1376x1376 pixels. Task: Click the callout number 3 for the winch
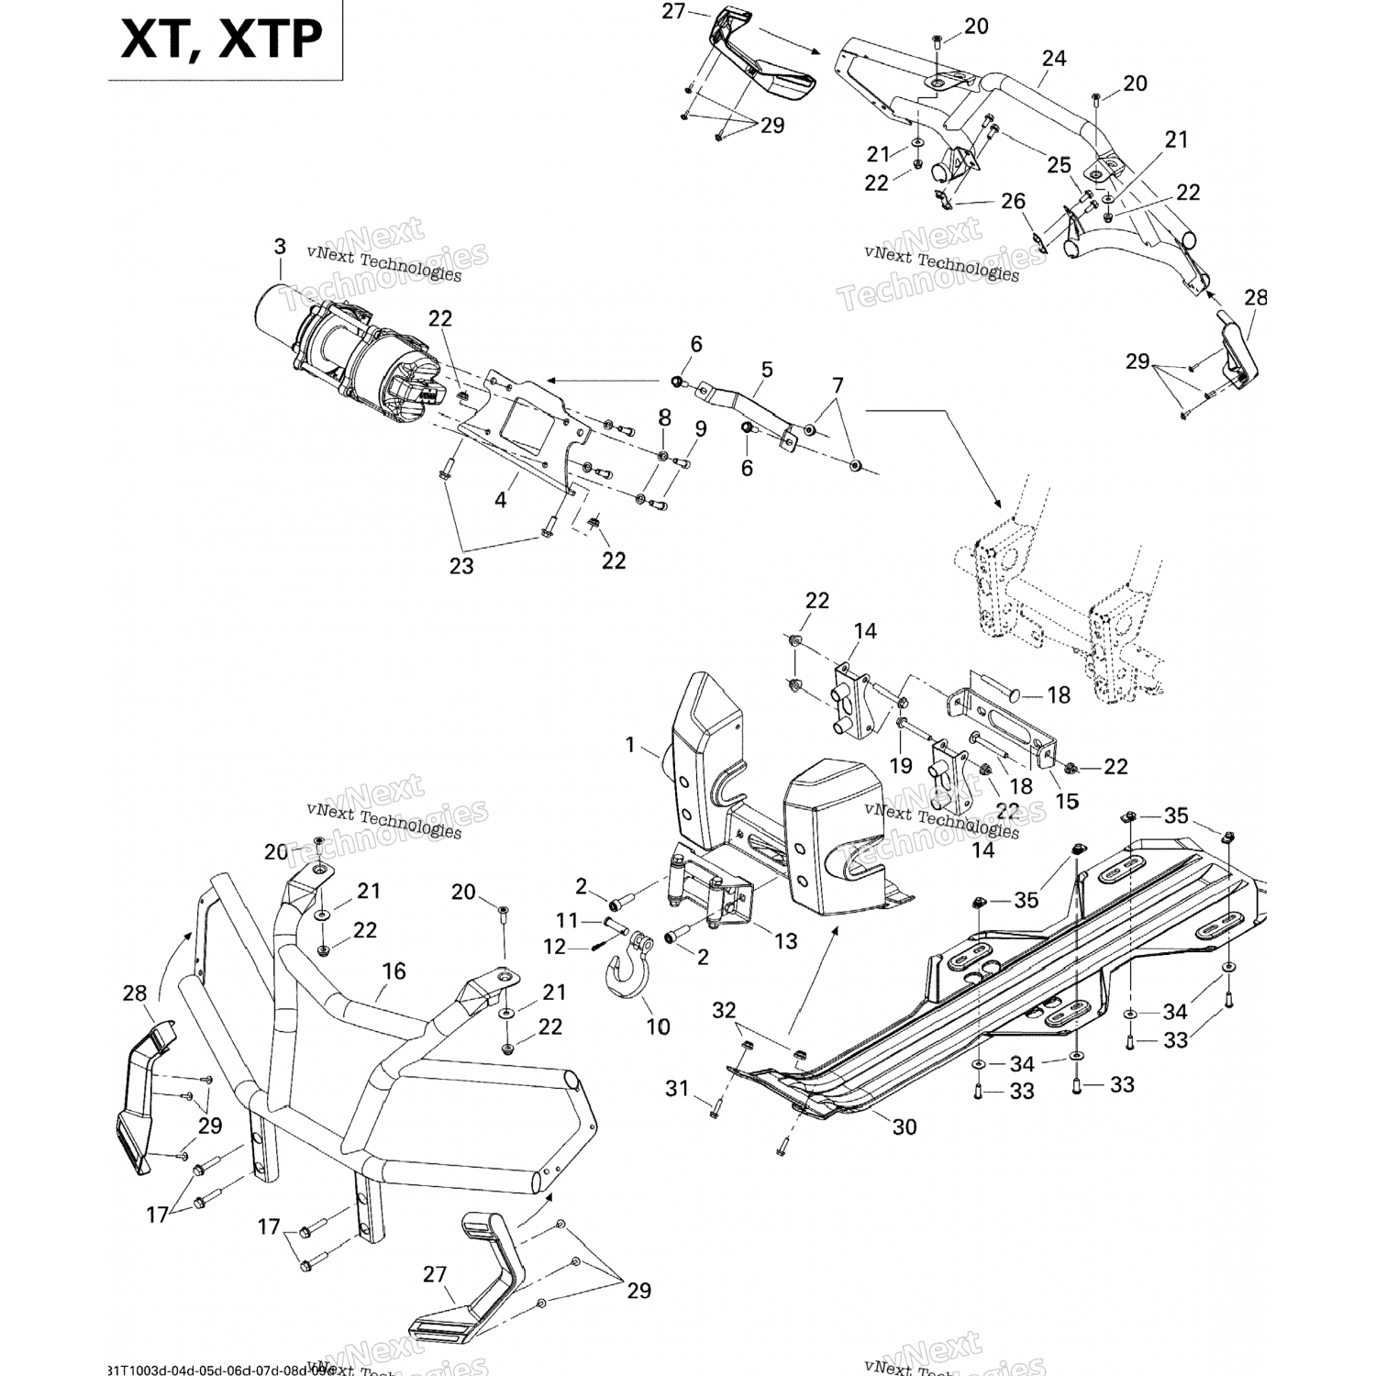(280, 247)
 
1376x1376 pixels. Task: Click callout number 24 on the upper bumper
(1054, 59)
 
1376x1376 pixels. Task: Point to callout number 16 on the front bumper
(394, 971)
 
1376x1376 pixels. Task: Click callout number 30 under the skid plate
(904, 1126)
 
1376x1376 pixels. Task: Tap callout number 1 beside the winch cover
(630, 745)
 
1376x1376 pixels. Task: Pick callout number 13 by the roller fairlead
(785, 941)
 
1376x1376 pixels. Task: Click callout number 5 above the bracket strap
(766, 370)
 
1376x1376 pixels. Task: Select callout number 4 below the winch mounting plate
(501, 500)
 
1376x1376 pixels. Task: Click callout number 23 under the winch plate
(461, 566)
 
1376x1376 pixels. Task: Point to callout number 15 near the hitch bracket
(1067, 801)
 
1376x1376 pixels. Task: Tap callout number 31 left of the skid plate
(677, 1089)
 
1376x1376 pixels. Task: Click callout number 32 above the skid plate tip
(725, 1011)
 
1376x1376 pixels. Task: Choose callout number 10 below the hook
(658, 1026)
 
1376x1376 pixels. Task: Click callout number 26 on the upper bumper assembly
(1014, 201)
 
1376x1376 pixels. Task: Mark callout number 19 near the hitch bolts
(901, 765)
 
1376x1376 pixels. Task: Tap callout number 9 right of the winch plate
(701, 427)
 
